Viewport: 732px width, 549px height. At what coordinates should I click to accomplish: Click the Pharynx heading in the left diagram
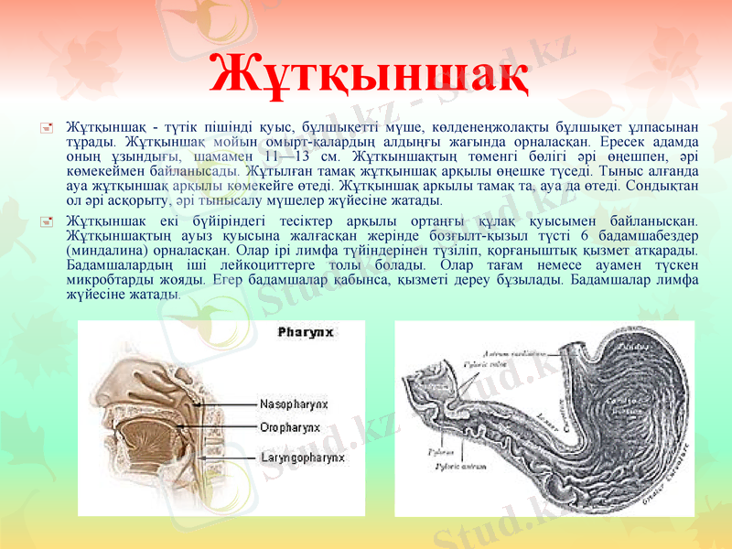(305, 334)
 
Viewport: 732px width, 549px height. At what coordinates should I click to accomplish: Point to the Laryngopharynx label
(301, 456)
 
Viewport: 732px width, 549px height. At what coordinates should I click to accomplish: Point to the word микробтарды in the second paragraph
(102, 280)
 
